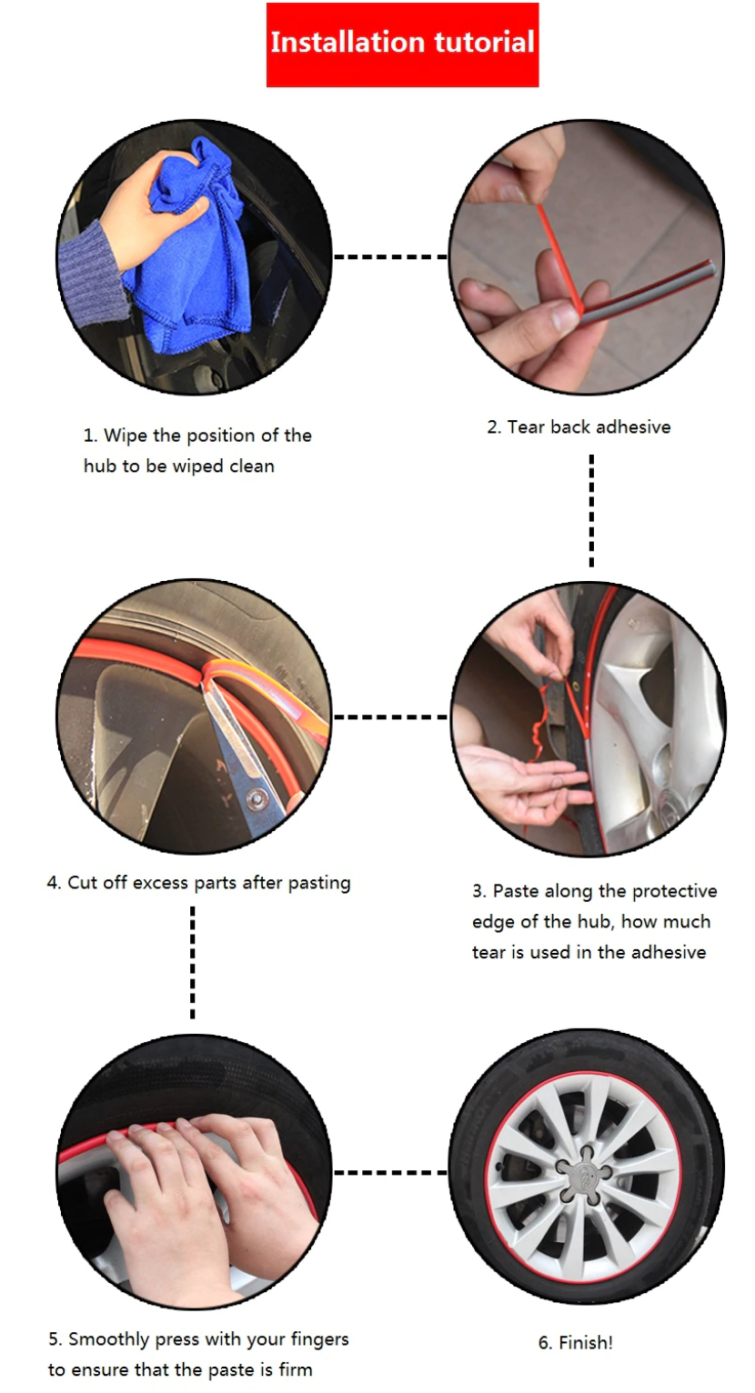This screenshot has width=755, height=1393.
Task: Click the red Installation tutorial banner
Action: coord(402,45)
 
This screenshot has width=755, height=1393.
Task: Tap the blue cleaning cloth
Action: coord(193,249)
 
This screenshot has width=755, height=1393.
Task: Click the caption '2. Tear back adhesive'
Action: coord(579,427)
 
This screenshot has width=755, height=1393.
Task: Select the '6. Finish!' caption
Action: coord(575,1343)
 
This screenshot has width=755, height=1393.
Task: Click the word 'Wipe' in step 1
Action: coord(126,436)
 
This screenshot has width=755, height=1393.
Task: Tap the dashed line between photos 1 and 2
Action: coord(390,256)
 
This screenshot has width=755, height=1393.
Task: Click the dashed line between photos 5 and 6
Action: coord(390,1172)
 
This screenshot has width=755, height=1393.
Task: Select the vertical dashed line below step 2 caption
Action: coord(591,511)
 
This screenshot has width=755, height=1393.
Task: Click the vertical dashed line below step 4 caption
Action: coord(192,962)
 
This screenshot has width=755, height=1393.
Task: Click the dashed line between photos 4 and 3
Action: coord(390,717)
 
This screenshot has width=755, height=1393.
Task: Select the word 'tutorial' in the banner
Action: coord(485,43)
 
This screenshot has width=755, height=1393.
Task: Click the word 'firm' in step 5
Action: coord(296,1369)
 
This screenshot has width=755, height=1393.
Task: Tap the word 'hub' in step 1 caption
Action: coord(99,466)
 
